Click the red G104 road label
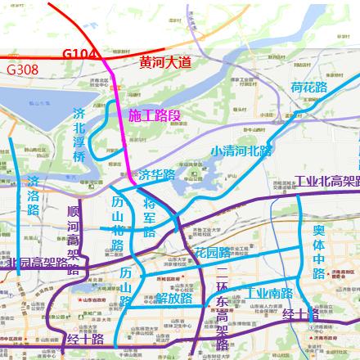[81, 54]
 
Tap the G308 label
[21, 70]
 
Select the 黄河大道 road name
[164, 61]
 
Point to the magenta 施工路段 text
[155, 116]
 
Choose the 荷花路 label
[308, 87]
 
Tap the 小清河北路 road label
[241, 151]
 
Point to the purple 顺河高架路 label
[74, 238]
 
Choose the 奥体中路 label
[320, 250]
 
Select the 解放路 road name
[174, 298]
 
